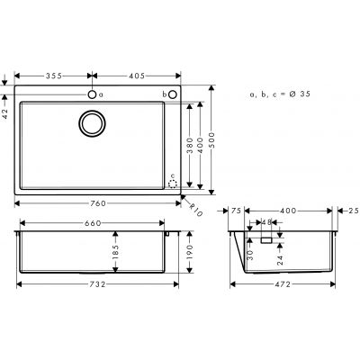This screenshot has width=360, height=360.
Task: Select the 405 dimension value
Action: click(139, 76)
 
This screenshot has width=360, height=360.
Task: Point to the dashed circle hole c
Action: click(173, 179)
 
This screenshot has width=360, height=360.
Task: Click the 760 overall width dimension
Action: click(97, 203)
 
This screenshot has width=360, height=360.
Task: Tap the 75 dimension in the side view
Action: click(236, 210)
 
